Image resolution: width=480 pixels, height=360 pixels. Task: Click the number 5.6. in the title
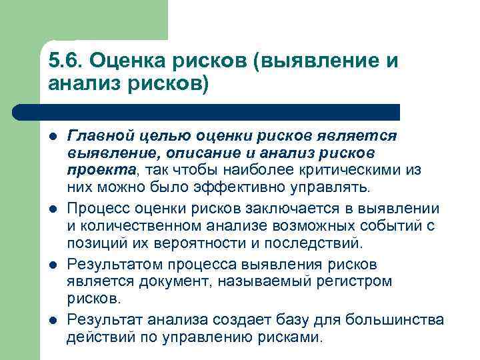(64, 61)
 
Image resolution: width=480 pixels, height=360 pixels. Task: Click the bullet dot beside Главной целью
(53, 137)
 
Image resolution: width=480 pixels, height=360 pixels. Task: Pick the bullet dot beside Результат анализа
(53, 321)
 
